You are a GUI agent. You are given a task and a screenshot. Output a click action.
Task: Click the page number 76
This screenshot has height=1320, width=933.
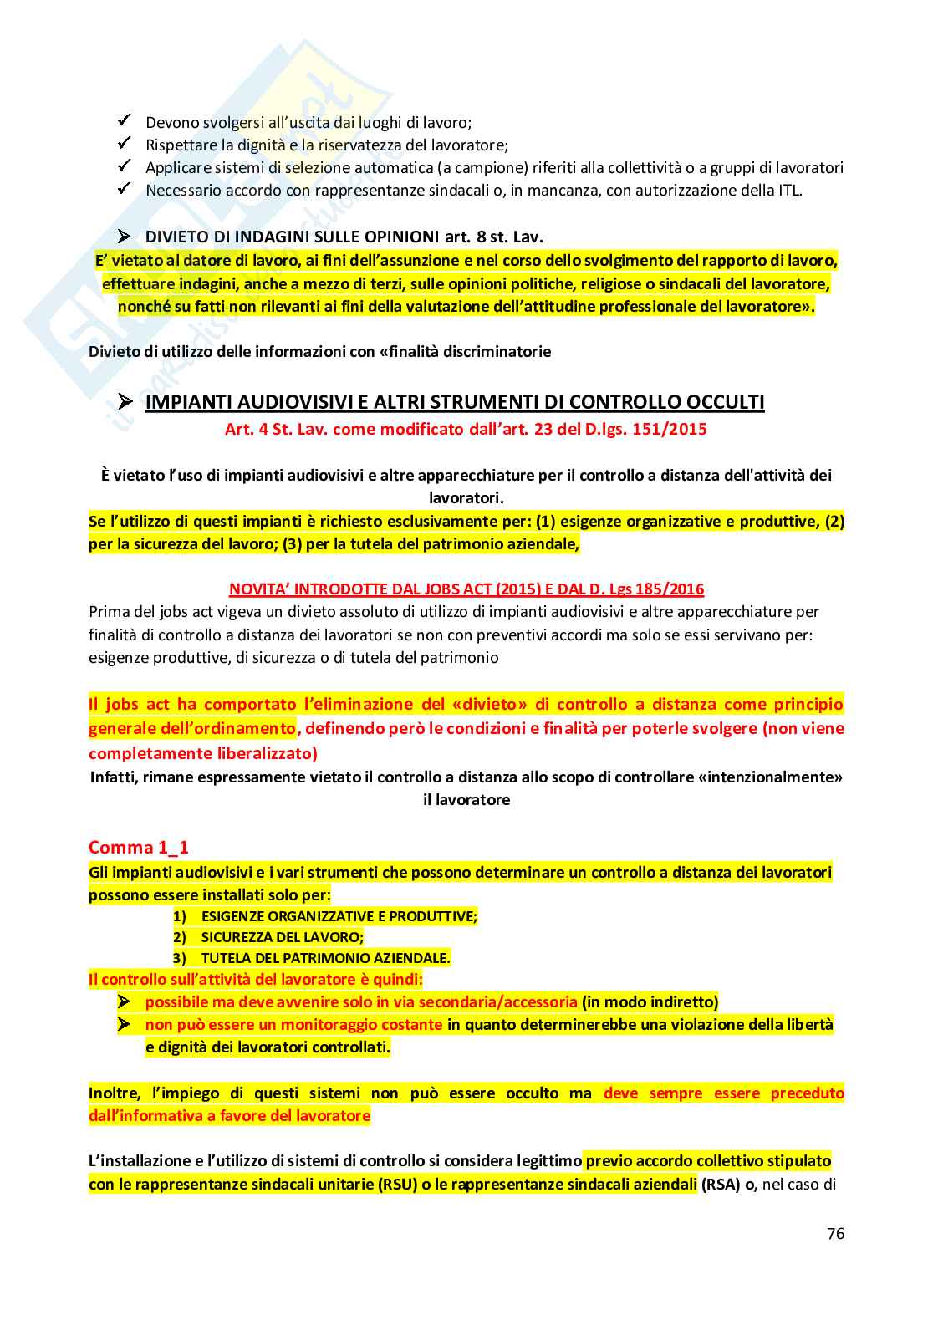[x=835, y=1233]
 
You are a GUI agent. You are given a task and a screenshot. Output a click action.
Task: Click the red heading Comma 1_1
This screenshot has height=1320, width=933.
[x=139, y=847]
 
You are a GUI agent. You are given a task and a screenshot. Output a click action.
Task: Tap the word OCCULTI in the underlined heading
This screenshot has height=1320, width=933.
[x=725, y=402]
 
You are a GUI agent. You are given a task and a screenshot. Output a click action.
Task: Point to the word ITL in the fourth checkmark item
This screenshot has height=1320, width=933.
[x=788, y=190]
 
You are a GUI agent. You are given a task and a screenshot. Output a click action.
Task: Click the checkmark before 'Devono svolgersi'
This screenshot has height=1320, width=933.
[x=125, y=121]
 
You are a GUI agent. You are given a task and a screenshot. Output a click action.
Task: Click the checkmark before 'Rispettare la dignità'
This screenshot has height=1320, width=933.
[x=125, y=144]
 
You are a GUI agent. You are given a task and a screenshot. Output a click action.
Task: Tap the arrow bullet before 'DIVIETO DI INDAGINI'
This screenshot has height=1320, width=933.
[x=125, y=237]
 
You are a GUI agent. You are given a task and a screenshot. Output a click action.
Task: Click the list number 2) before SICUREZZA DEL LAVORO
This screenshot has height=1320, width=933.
[x=180, y=937]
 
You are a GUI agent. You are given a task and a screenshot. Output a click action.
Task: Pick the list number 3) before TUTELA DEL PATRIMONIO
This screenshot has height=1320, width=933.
[x=180, y=958]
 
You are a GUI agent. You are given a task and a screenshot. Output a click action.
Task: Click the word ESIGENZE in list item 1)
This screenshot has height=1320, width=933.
[x=232, y=916]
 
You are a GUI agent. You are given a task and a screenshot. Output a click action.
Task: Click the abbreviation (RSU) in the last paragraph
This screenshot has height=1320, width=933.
[x=397, y=1184]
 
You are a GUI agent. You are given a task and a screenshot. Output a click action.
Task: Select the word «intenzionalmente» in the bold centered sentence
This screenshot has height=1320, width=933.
[x=770, y=777]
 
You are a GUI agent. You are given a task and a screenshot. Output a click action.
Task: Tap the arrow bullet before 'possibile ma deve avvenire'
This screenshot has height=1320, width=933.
[x=125, y=1001]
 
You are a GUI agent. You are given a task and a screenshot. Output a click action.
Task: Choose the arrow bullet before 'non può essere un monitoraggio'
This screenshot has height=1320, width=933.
[x=125, y=1024]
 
